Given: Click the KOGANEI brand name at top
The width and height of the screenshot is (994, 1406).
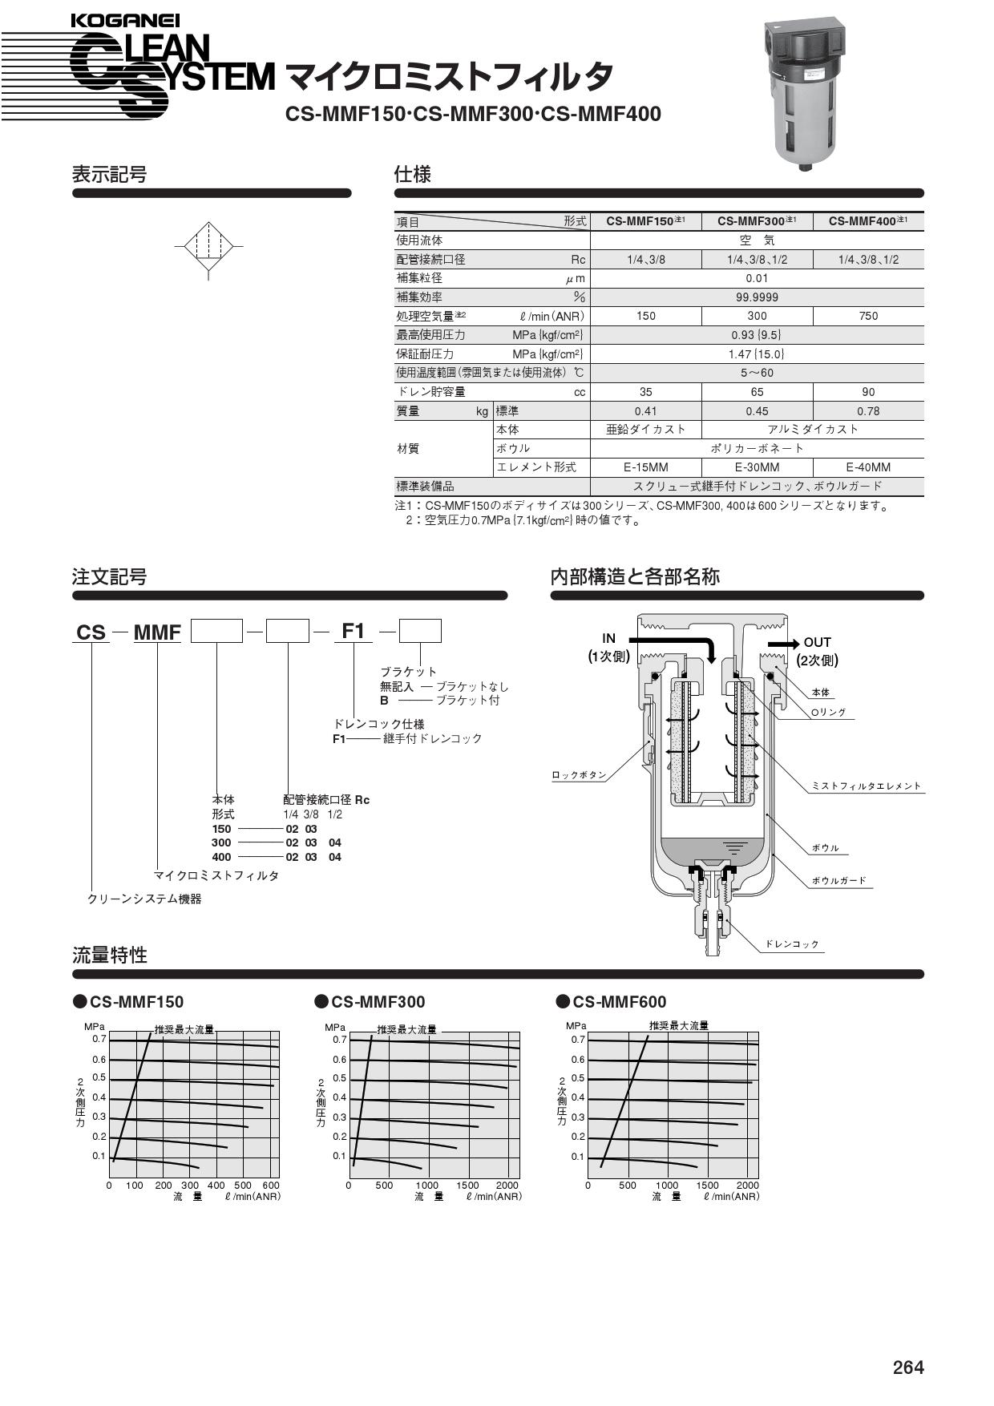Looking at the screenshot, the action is (x=125, y=22).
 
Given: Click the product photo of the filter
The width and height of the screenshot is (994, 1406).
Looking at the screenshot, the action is (x=805, y=93).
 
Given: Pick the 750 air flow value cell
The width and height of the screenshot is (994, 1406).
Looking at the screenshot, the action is (x=868, y=316).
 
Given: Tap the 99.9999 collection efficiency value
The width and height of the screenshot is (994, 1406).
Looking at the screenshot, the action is (x=757, y=297).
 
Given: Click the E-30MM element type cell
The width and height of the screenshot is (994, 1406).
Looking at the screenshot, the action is (x=757, y=467).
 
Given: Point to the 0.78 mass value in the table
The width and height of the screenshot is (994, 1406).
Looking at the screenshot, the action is (x=868, y=411).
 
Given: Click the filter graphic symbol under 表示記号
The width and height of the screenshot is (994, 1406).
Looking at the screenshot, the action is (x=208, y=250).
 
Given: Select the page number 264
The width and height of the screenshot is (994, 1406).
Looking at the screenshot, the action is (x=908, y=1368).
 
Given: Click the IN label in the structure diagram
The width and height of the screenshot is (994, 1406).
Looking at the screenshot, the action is (x=609, y=638).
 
